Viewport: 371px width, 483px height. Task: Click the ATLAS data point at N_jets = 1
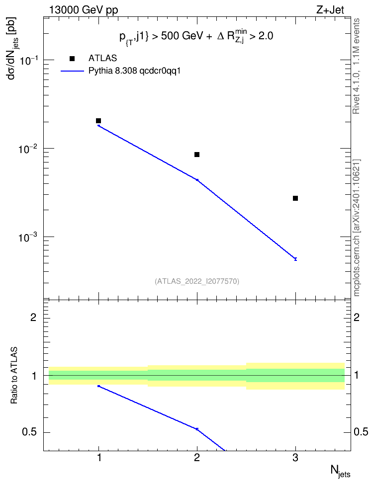(98, 121)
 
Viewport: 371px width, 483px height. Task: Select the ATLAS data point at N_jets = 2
(197, 155)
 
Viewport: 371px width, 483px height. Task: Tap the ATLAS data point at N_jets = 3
(295, 198)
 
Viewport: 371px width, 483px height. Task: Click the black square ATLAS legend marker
(72, 59)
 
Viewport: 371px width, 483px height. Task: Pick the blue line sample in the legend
(72, 71)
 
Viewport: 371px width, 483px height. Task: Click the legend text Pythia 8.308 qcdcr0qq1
(134, 71)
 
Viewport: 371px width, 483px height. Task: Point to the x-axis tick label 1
(99, 458)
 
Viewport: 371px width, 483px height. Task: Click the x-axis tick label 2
(197, 458)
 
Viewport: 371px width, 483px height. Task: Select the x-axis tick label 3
(295, 458)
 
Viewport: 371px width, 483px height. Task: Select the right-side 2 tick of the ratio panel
(357, 317)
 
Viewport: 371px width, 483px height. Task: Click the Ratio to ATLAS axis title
(14, 375)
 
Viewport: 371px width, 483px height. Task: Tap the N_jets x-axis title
(340, 471)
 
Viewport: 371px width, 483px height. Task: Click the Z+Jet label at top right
(330, 10)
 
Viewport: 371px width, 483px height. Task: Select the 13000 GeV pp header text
(84, 10)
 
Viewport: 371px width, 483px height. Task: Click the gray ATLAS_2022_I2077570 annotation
(197, 281)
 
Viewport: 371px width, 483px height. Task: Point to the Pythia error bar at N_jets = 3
(295, 259)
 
